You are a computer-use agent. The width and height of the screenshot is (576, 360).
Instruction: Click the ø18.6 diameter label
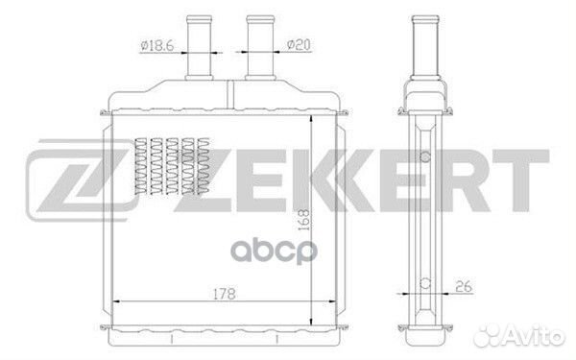(156, 45)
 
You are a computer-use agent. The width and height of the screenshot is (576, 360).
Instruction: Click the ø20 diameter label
(299, 45)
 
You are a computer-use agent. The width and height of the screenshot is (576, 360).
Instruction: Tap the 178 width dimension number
(225, 294)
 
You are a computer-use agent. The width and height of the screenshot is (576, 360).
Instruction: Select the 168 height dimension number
(303, 220)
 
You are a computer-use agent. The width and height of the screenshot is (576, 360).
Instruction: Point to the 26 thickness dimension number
(464, 286)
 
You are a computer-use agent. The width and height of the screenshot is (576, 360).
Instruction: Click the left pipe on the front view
(199, 47)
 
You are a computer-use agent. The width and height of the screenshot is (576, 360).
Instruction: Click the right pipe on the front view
(260, 47)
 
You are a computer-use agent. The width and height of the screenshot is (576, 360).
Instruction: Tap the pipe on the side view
(425, 47)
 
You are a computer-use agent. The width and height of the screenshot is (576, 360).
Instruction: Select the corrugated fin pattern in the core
(172, 166)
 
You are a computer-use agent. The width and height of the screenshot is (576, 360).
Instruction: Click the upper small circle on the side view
(425, 156)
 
